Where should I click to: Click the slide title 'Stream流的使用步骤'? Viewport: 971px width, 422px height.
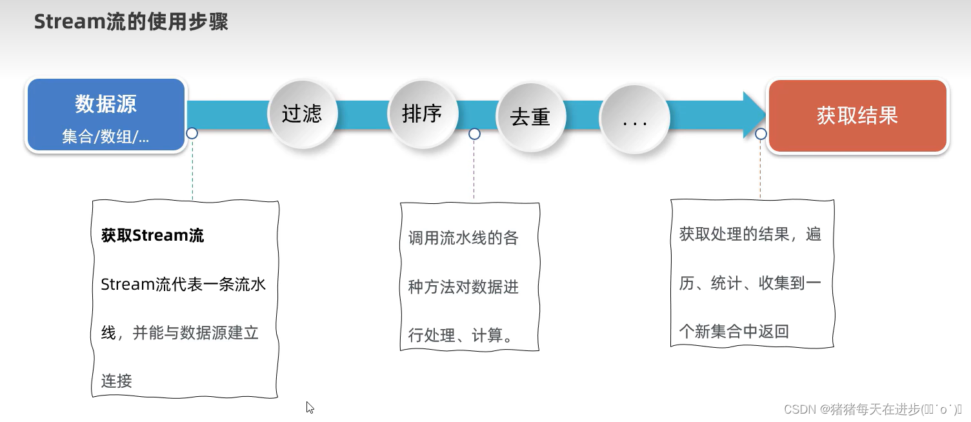pyautogui.click(x=131, y=22)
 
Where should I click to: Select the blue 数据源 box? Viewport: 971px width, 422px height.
pyautogui.click(x=106, y=115)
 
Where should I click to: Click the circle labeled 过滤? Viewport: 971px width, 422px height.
pyautogui.click(x=302, y=115)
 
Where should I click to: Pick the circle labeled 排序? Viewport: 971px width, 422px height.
pyautogui.click(x=422, y=114)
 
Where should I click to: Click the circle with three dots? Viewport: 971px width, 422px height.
pyautogui.click(x=635, y=120)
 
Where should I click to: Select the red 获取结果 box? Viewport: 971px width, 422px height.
pyautogui.click(x=857, y=116)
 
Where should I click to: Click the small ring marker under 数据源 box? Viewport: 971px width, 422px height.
pyautogui.click(x=192, y=134)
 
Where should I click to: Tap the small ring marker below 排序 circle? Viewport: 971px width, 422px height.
pyautogui.click(x=474, y=134)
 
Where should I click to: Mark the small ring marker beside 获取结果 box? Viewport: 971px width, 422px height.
pyautogui.click(x=761, y=134)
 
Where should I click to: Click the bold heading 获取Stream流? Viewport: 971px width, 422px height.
pyautogui.click(x=152, y=236)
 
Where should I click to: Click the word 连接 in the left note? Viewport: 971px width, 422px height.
pyautogui.click(x=117, y=381)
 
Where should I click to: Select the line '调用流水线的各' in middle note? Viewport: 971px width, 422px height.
pyautogui.click(x=463, y=238)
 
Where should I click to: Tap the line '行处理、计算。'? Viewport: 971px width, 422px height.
pyautogui.click(x=461, y=336)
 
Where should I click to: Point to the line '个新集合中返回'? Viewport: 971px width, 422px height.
pyautogui.click(x=734, y=332)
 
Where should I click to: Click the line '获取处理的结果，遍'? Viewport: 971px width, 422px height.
pyautogui.click(x=750, y=234)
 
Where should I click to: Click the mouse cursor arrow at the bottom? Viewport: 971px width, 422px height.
pyautogui.click(x=310, y=407)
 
